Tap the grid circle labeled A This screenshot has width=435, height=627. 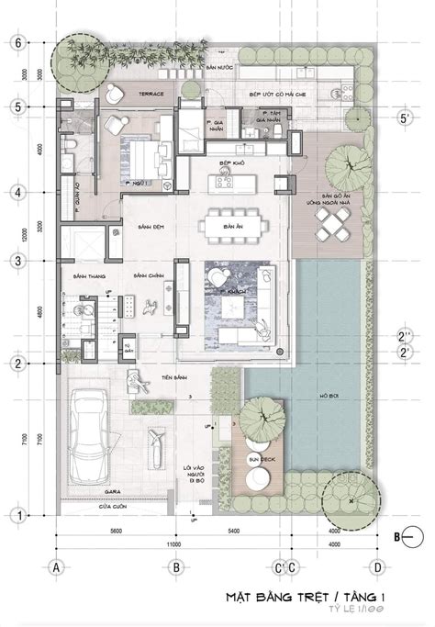56,566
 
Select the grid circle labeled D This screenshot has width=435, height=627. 375,566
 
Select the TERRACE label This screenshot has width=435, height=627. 151,95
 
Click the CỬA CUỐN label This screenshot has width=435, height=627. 88,507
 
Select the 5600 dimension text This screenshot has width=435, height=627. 115,532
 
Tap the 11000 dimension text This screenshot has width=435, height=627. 174,544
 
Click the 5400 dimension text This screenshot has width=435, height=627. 233,532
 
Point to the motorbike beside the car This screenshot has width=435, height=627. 157,450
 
